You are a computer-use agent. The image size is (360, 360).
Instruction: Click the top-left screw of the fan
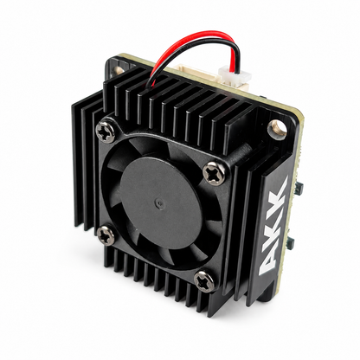tap(106, 132)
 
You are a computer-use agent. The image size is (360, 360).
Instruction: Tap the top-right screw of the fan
tap(214, 172)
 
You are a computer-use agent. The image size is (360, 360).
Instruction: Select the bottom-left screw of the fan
tap(106, 235)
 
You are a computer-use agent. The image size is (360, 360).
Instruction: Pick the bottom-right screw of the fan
tap(204, 281)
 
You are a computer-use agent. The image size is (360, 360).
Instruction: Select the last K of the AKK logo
tap(279, 190)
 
